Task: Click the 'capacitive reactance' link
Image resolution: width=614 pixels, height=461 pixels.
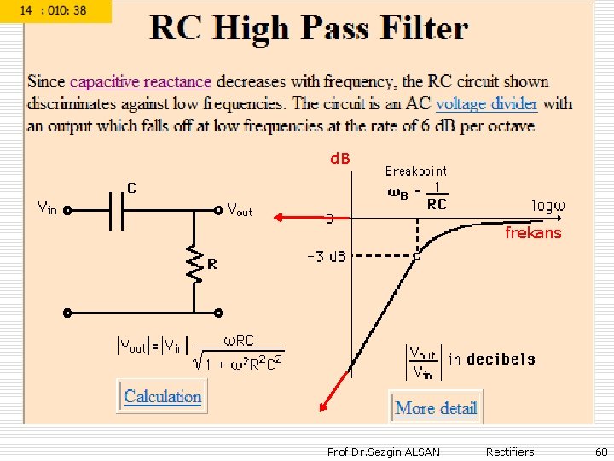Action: (140, 82)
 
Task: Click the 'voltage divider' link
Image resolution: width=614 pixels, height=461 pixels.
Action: (486, 104)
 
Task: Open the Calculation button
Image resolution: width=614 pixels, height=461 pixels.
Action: (163, 396)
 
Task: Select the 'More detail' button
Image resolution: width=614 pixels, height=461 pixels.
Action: (436, 408)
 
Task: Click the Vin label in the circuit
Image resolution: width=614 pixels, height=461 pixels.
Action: (46, 207)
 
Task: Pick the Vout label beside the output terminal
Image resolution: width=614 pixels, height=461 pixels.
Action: (240, 209)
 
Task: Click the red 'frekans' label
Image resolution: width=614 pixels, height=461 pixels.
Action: (533, 233)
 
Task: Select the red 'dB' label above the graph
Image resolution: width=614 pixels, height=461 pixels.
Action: (340, 159)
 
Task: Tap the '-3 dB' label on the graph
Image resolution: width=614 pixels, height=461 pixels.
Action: (327, 256)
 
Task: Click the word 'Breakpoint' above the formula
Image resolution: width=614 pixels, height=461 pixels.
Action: (416, 172)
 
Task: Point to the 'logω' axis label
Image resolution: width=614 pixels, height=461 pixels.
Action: (548, 206)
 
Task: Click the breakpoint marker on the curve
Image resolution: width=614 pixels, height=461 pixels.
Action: (417, 255)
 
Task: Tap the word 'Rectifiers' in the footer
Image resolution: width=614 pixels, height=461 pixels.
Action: (509, 452)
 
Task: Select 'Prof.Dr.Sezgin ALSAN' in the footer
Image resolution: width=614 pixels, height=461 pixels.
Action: (384, 452)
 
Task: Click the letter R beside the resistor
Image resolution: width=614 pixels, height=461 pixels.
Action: (212, 265)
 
